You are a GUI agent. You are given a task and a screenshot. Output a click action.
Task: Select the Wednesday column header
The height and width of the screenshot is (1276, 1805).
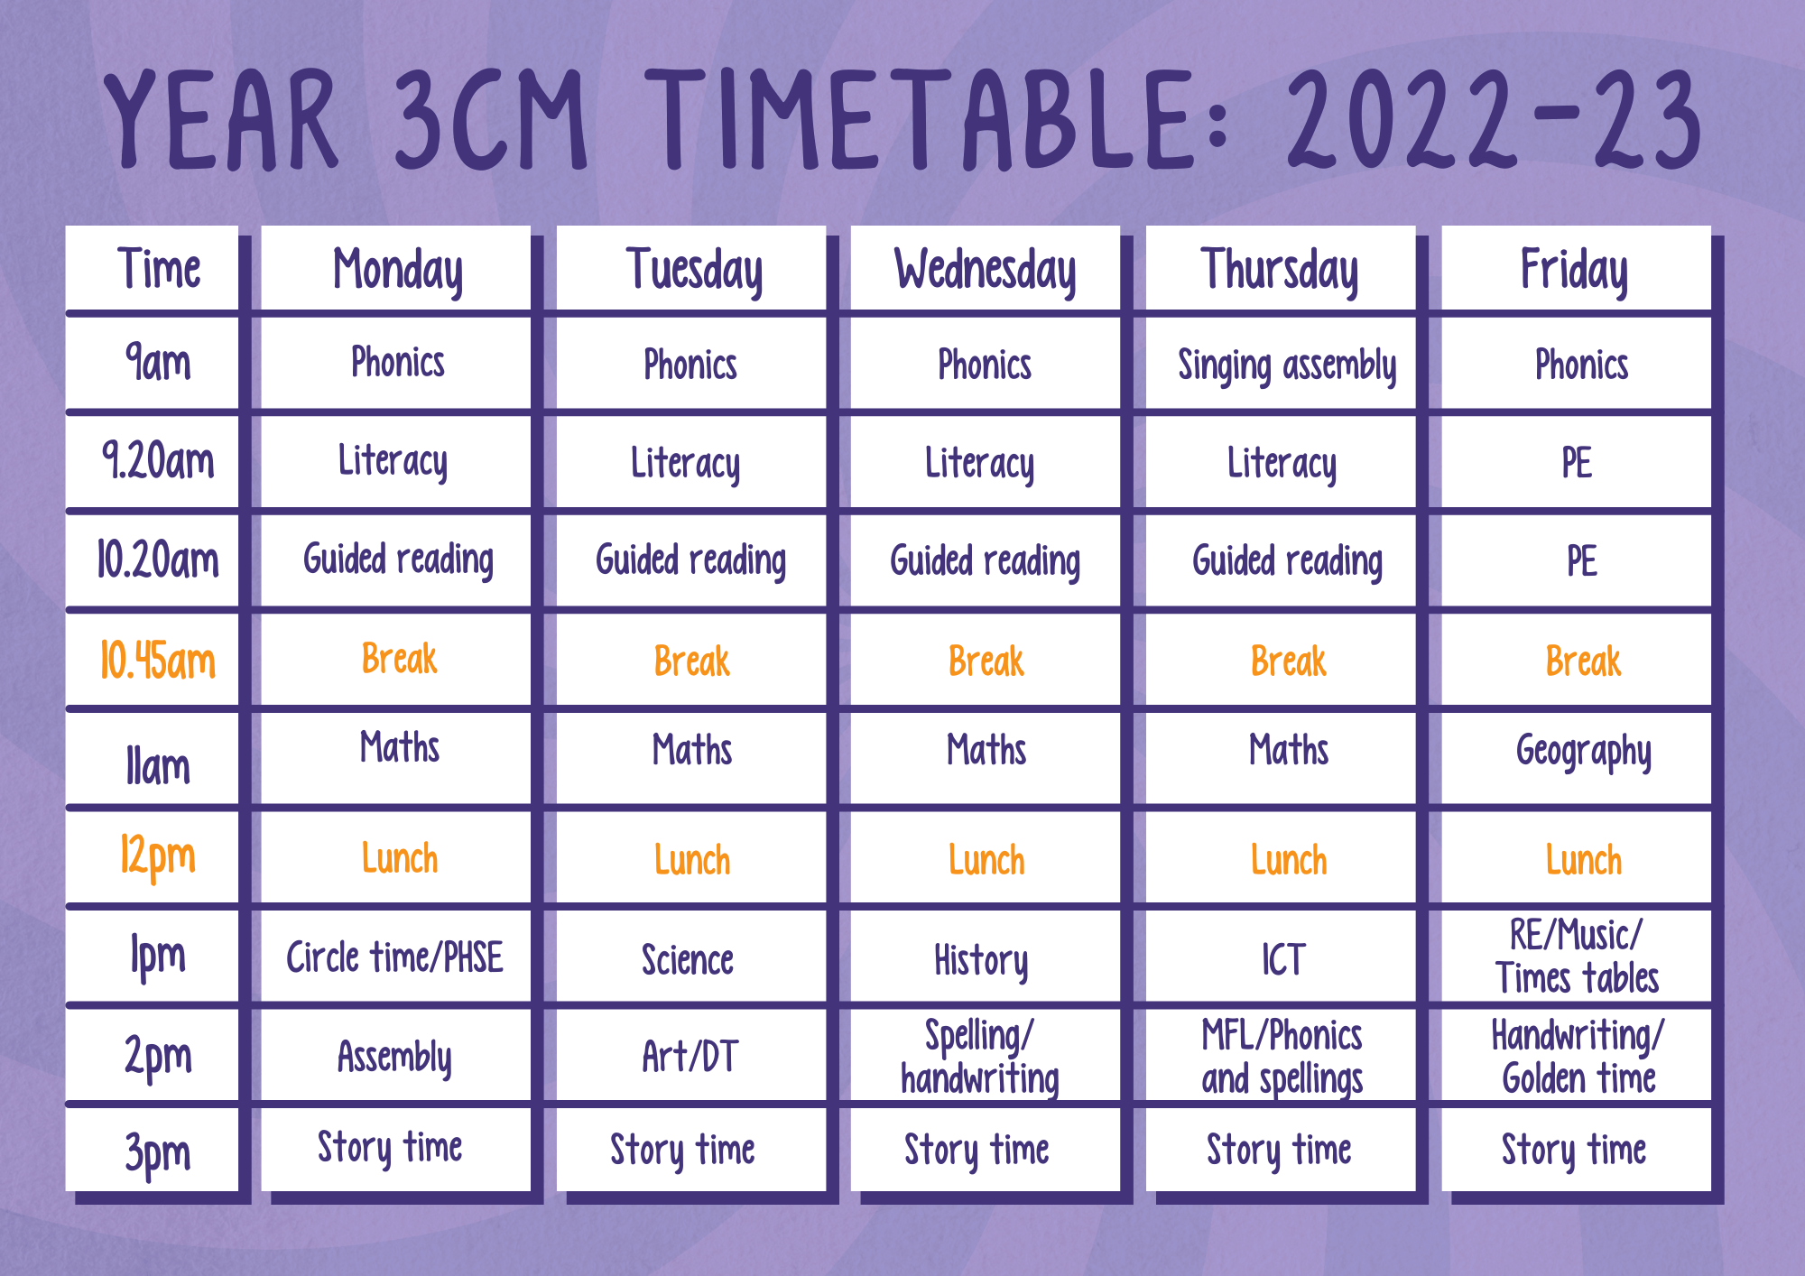986,269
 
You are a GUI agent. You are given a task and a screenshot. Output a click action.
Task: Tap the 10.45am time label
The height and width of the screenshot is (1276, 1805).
158,661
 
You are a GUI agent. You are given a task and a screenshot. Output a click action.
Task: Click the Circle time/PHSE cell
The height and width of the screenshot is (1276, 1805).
395,957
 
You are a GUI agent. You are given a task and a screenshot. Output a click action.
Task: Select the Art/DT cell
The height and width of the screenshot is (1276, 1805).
690,1057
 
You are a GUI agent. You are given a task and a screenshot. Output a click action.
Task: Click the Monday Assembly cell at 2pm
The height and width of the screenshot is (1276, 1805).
395,1057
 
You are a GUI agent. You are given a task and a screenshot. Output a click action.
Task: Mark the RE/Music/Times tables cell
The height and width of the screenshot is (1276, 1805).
1577,957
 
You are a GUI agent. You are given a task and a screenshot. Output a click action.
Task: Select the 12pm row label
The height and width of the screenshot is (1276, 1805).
158,856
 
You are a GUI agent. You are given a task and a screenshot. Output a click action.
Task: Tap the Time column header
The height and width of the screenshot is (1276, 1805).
159,269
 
